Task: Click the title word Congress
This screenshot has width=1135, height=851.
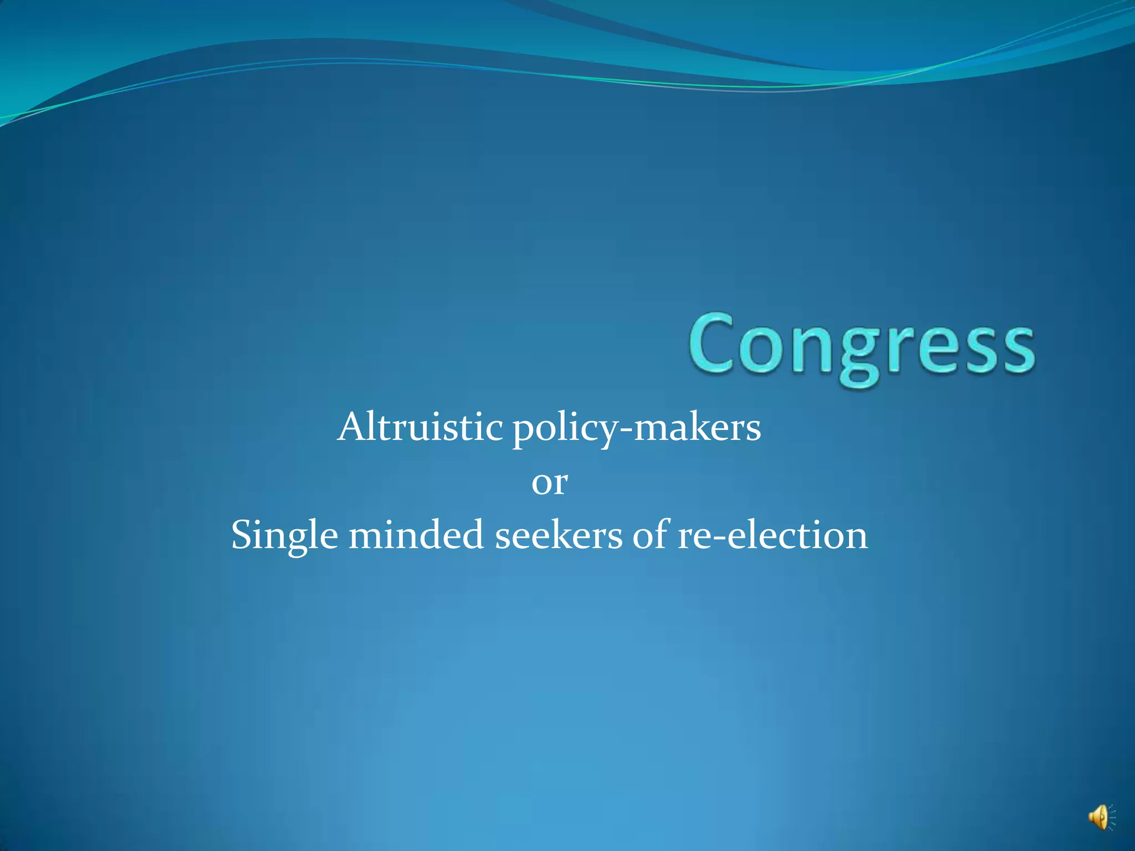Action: (x=862, y=346)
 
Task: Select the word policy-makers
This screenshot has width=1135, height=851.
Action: (x=637, y=429)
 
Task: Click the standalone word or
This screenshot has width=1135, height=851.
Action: (x=549, y=482)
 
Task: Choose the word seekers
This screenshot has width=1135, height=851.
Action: (x=559, y=536)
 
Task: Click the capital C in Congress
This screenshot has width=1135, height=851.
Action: (x=710, y=344)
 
